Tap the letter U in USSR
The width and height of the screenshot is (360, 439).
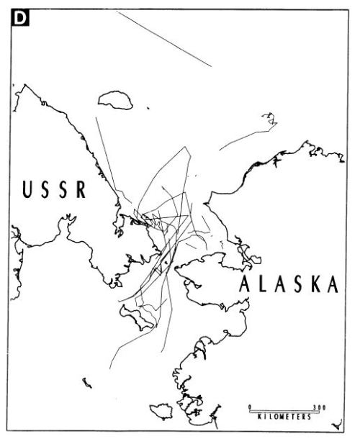[27, 191]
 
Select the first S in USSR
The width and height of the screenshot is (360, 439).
[45, 191]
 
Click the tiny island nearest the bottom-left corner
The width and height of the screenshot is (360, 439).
[86, 382]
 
